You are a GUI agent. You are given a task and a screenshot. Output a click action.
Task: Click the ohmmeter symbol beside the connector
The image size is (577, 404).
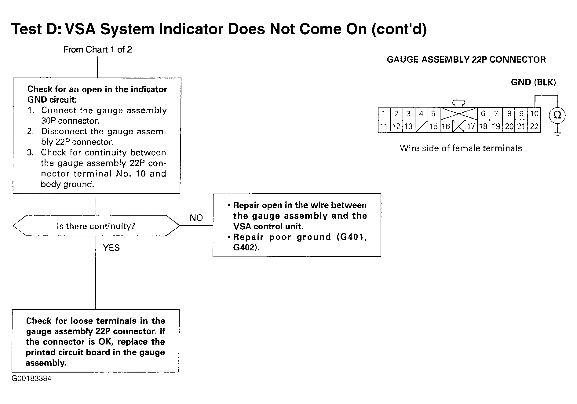tap(557, 116)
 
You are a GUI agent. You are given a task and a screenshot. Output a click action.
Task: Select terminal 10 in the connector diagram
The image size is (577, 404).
tap(534, 114)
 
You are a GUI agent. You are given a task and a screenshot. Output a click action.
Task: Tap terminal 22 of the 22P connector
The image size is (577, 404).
tap(534, 126)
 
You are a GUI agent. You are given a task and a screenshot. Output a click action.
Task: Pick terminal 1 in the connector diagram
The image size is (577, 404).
tap(384, 114)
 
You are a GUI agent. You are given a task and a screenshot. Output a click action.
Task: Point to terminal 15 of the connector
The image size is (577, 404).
tap(433, 126)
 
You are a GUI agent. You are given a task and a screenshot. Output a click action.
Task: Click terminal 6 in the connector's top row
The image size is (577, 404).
tap(483, 114)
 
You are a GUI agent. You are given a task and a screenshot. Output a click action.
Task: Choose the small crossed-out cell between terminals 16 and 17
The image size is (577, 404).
tap(458, 126)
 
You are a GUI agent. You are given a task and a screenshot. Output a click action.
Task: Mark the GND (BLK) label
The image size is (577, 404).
tap(533, 82)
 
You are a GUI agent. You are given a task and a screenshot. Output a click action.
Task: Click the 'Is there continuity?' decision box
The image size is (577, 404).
tap(96, 226)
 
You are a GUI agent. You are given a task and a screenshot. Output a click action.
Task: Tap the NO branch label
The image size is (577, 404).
tap(196, 218)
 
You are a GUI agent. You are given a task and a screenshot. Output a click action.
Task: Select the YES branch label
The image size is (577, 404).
tap(111, 248)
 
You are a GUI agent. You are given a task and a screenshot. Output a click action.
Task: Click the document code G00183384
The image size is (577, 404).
tap(31, 379)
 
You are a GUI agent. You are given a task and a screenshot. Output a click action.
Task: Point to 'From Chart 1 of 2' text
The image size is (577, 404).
tap(97, 49)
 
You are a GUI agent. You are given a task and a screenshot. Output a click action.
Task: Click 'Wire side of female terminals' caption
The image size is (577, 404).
tap(461, 148)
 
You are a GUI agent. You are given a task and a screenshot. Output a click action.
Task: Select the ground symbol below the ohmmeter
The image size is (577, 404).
tap(557, 133)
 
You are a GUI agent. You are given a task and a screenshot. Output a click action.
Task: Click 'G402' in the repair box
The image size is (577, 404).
tap(245, 247)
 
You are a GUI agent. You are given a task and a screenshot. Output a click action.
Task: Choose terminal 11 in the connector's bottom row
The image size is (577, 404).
tap(384, 126)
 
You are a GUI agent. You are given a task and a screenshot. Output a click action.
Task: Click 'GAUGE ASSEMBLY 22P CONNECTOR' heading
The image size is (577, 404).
tap(466, 60)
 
